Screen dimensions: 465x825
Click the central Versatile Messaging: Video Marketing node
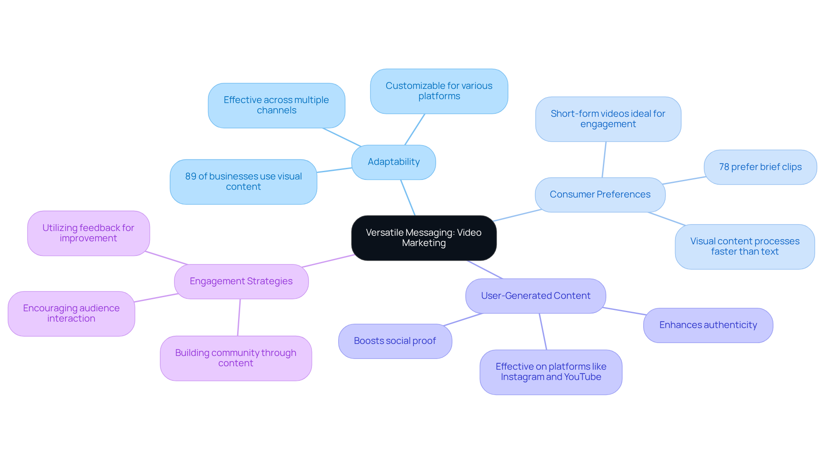coord(424,238)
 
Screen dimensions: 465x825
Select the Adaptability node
coord(394,162)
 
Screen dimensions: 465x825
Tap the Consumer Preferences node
coord(600,195)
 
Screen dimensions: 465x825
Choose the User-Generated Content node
coord(535,296)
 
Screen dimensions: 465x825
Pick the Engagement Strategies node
coord(241,281)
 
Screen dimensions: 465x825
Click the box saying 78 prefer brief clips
coord(760,167)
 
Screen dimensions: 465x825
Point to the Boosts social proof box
coord(395,341)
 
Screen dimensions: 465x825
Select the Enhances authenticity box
coord(708,325)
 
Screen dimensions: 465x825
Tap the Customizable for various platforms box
coord(439,91)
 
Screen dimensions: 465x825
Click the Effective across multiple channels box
coord(276,105)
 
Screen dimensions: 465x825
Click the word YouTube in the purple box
coord(582,377)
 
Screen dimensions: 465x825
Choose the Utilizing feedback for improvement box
coord(89,233)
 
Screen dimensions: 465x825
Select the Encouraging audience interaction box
coord(71,313)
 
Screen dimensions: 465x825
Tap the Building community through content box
coord(235,358)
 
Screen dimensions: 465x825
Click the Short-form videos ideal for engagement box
coord(608,119)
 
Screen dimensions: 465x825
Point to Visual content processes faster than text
coord(744,246)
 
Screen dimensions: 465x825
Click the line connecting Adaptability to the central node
coord(408,198)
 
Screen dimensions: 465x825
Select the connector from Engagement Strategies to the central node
coord(329,261)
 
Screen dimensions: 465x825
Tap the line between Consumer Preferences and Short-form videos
coord(604,160)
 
